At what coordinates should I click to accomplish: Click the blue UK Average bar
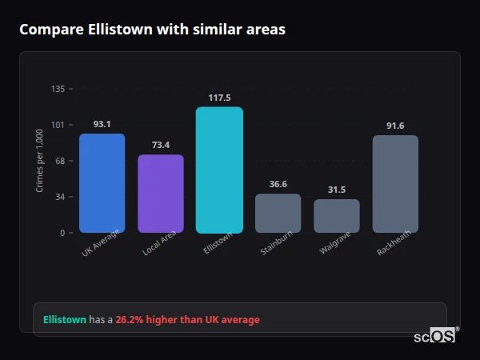(x=102, y=183)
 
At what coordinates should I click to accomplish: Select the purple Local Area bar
(x=161, y=194)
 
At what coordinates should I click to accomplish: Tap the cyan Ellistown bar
(x=219, y=170)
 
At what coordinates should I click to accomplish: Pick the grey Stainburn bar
(x=278, y=213)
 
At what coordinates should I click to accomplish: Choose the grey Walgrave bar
(x=337, y=216)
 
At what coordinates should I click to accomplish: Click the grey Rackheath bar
(x=395, y=184)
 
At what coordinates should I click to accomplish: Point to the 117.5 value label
(x=219, y=98)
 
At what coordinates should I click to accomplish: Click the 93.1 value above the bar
(x=102, y=124)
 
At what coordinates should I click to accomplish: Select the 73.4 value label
(x=161, y=145)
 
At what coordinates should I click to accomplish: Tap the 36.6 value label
(x=278, y=184)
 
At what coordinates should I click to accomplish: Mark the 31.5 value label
(x=337, y=190)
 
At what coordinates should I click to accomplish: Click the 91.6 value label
(x=395, y=126)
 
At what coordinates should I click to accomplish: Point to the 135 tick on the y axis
(x=58, y=89)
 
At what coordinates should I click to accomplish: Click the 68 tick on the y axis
(x=60, y=161)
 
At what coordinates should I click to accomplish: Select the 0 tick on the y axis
(x=62, y=233)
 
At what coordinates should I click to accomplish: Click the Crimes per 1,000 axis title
(x=40, y=161)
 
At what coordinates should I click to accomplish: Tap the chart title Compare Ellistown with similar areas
(x=152, y=30)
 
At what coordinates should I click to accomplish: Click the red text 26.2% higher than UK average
(x=187, y=320)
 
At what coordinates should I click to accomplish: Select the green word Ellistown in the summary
(x=65, y=320)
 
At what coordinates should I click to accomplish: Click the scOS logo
(x=434, y=336)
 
